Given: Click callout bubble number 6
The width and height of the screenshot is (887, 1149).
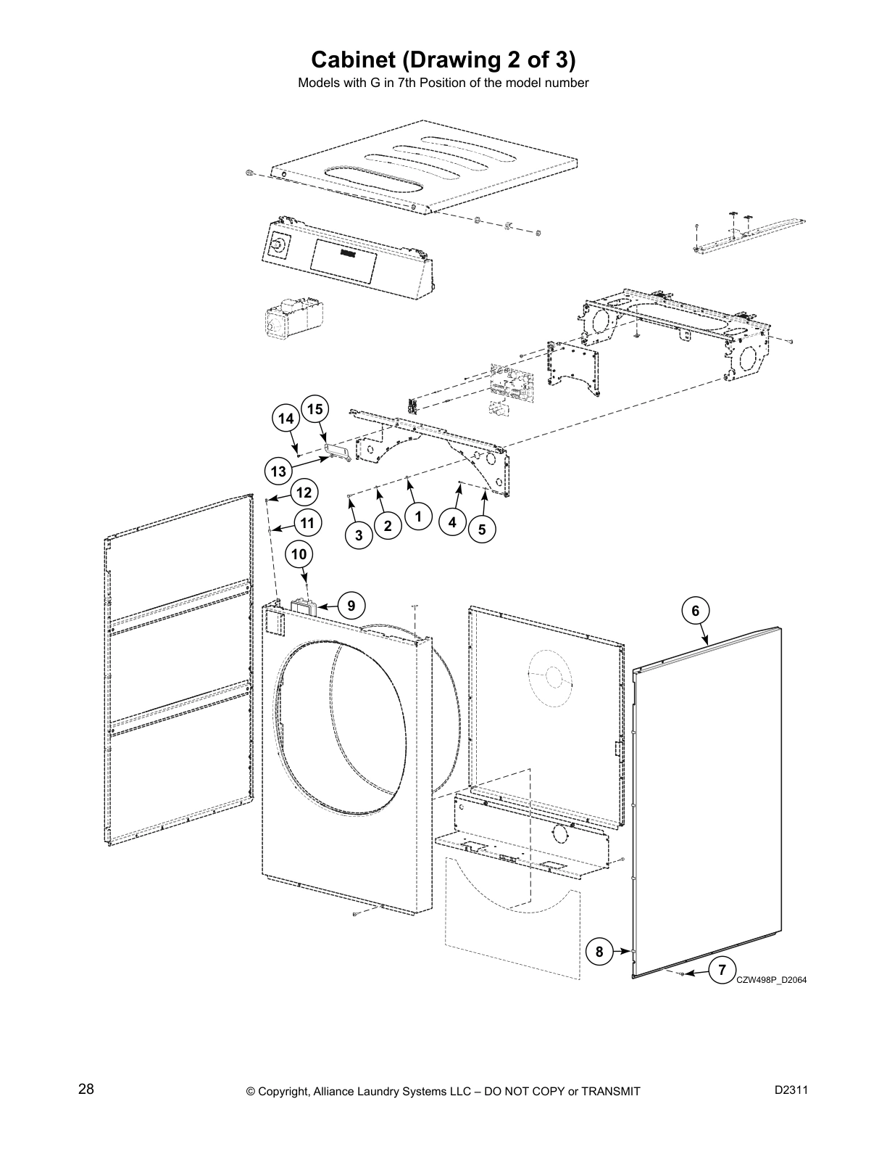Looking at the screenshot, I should point(695,611).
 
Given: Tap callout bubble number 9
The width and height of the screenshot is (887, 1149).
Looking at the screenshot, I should point(351,605).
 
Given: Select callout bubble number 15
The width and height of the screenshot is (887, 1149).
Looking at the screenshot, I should point(315,410).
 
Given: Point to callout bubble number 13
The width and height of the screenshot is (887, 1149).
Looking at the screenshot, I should point(279,471).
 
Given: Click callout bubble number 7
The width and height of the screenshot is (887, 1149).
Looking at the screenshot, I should point(722,970).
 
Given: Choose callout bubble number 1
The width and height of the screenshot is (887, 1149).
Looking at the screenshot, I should point(418,517).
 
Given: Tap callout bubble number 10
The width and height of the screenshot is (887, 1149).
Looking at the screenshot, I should point(299,555).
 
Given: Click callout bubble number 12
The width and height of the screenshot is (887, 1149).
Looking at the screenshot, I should point(304,493).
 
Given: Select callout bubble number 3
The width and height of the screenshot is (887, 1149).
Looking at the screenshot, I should point(359,536).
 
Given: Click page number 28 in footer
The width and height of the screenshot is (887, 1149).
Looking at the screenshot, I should point(86,1090).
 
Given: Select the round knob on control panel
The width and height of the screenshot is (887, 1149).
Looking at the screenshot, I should point(277,247).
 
